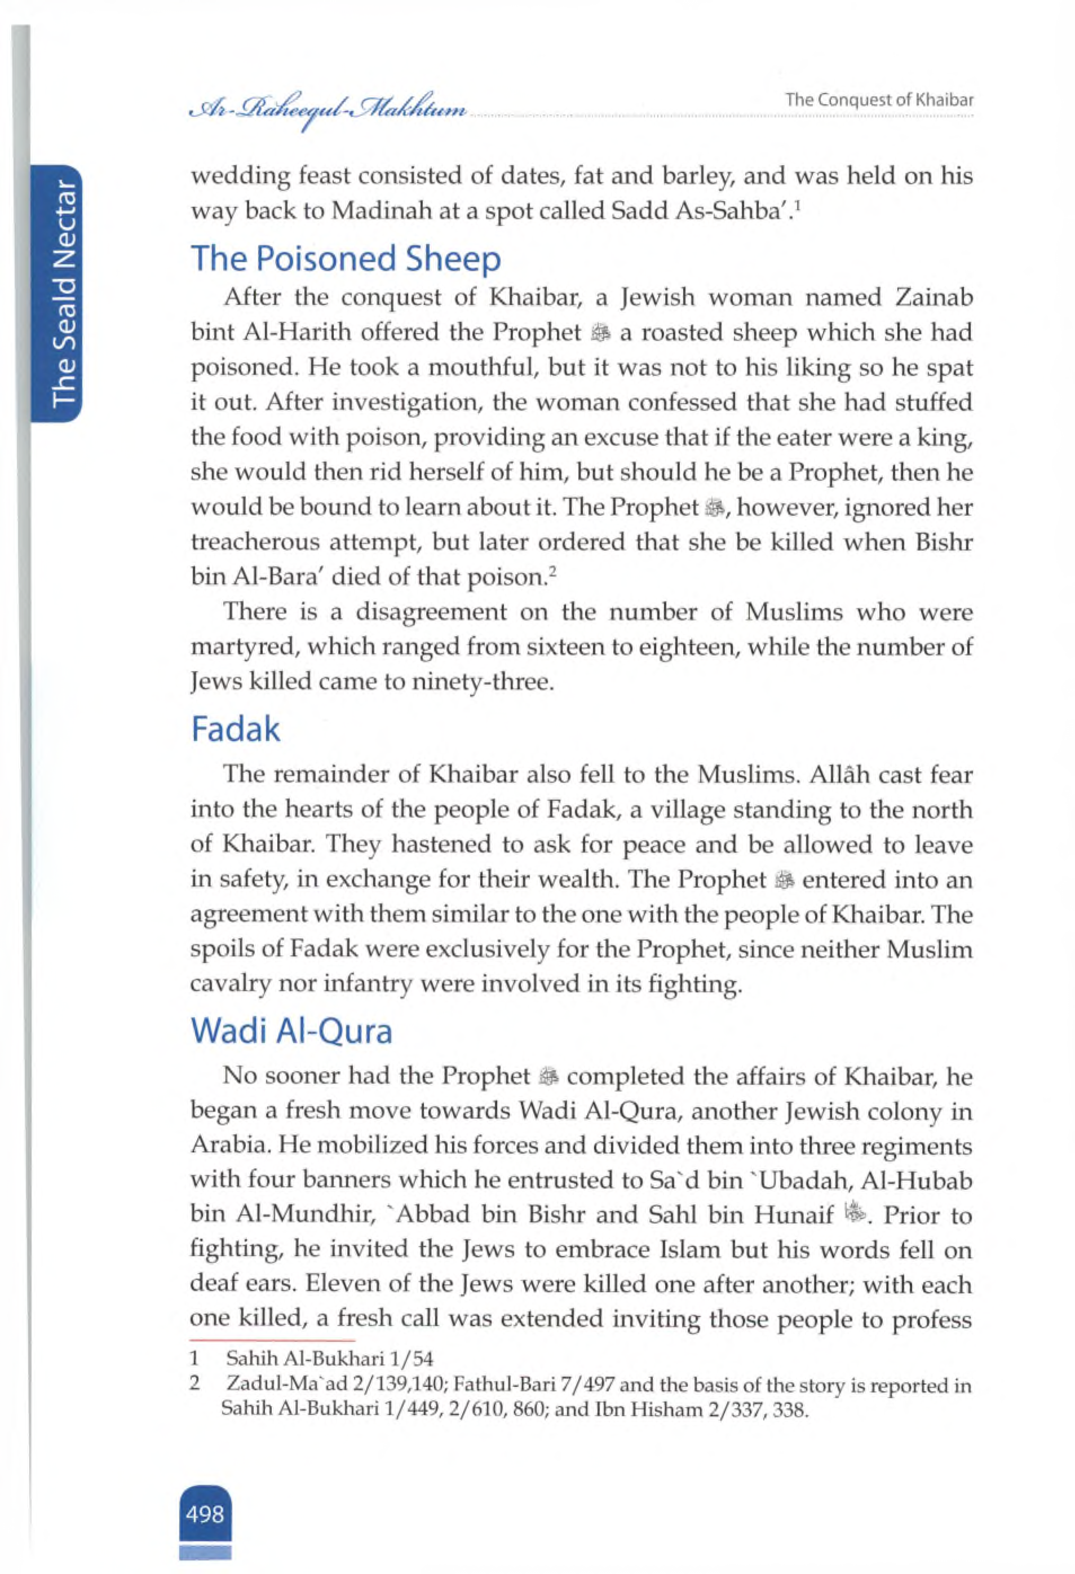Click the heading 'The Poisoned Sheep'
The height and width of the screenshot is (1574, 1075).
(346, 259)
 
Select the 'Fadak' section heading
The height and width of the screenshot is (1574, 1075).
(235, 729)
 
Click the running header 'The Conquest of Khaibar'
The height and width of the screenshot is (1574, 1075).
(879, 100)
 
